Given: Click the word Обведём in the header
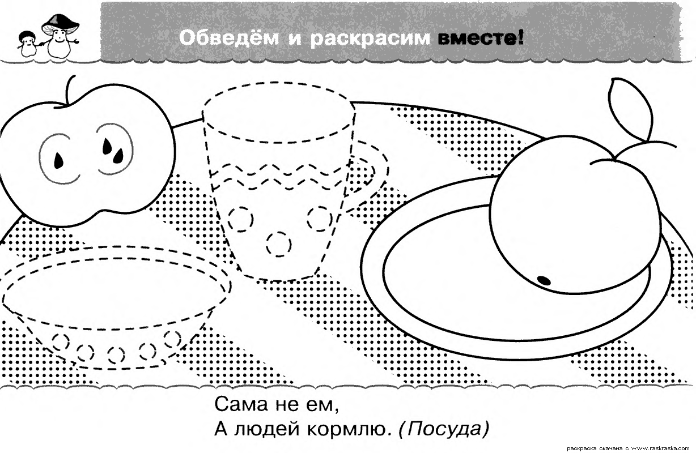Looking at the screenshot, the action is (x=229, y=38).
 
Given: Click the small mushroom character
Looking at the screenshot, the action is (x=27, y=43).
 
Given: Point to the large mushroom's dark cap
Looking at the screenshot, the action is (x=60, y=24).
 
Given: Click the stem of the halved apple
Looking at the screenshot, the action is (x=69, y=90).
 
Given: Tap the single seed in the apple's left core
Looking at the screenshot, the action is (x=58, y=161).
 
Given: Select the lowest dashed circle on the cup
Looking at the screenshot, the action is (x=279, y=244).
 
